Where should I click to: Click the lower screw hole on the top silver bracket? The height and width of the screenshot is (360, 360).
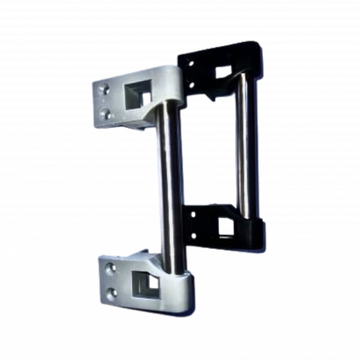click(107, 113)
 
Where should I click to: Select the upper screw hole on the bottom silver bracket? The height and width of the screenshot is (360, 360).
click(110, 267)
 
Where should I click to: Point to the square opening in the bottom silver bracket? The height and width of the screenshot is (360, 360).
click(150, 284)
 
